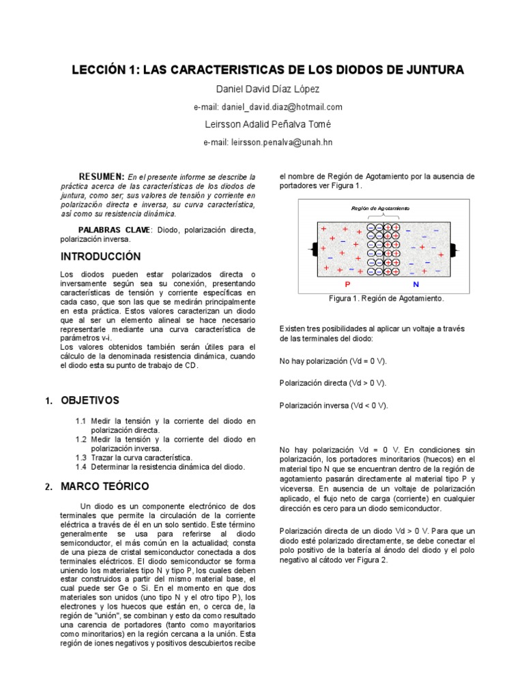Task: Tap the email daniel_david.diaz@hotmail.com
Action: (268, 107)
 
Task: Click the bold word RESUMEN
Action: (101, 176)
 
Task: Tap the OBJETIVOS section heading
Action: (90, 400)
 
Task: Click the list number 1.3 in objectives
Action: (81, 457)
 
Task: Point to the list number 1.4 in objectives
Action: (81, 467)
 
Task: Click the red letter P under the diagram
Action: (347, 283)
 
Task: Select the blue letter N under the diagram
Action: (416, 283)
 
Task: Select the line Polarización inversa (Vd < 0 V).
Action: (334, 405)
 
